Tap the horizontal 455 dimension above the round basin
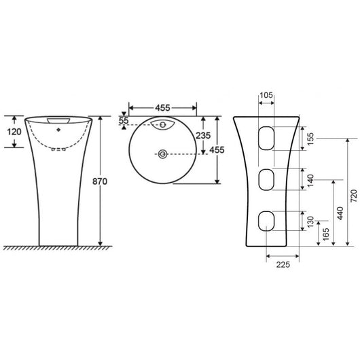coord(162,107)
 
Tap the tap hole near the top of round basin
coord(163,124)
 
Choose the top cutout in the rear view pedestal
coord(266,138)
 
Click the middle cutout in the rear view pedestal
coord(266,181)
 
